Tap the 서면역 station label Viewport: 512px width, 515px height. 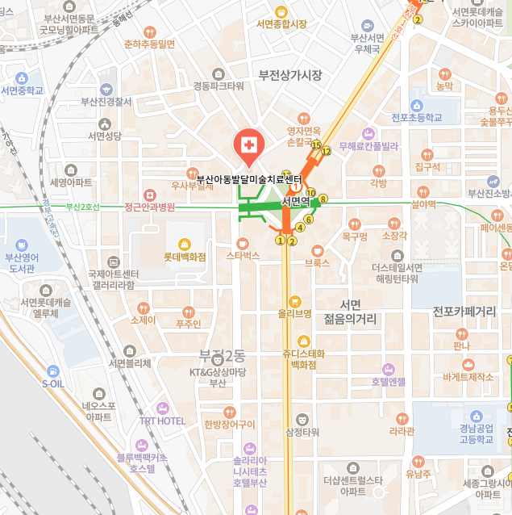click(296, 201)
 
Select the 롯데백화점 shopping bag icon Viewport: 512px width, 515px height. click(185, 244)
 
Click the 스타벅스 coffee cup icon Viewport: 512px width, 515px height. click(243, 243)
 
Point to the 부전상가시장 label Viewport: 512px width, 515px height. click(290, 75)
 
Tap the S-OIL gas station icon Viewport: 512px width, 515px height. click(52, 371)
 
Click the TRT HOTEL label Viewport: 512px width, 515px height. click(162, 421)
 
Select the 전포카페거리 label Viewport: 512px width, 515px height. click(464, 311)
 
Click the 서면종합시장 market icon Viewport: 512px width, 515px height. click(281, 11)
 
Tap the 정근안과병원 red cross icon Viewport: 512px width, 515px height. click(149, 195)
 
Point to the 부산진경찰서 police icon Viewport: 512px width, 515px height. click(106, 89)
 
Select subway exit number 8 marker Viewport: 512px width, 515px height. click(323, 199)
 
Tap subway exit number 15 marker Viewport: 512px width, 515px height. click(316, 145)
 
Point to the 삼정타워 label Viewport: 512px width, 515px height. click(302, 432)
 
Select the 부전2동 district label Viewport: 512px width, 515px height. click(222, 356)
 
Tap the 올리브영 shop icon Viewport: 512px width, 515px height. click(295, 300)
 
